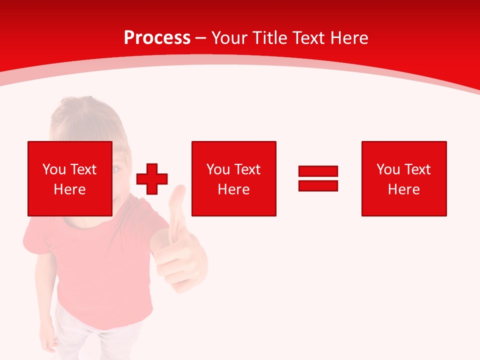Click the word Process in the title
click(157, 38)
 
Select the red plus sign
click(152, 179)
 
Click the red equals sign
click(318, 178)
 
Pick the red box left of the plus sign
click(70, 178)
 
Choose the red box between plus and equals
click(233, 178)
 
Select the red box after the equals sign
click(404, 178)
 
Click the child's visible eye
click(116, 170)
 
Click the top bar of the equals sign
click(318, 171)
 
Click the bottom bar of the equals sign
click(318, 185)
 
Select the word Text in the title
click(308, 38)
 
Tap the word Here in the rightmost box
click(403, 189)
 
